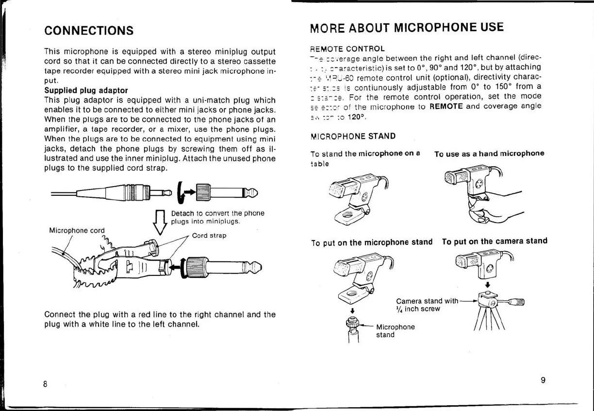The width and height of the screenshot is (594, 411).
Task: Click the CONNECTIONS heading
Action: click(89, 31)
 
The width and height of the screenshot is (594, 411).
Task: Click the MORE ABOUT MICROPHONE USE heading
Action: click(407, 27)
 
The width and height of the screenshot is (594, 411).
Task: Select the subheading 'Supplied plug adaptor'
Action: click(86, 90)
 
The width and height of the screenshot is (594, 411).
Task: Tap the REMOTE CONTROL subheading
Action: click(347, 49)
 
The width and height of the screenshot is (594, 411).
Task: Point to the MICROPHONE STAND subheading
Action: click(353, 136)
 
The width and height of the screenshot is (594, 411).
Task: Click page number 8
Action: click(45, 384)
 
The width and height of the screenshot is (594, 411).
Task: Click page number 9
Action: click(543, 380)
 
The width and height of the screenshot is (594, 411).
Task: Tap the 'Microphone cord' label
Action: click(77, 230)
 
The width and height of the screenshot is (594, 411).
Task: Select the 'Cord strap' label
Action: click(209, 236)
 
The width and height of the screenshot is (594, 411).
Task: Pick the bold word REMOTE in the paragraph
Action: click(446, 106)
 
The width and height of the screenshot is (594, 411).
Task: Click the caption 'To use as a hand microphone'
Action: click(489, 154)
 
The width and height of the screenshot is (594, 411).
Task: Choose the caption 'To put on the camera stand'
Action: click(495, 241)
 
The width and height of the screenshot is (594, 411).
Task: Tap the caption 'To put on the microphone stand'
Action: click(372, 242)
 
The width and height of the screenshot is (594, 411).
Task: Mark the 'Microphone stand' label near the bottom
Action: click(395, 331)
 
